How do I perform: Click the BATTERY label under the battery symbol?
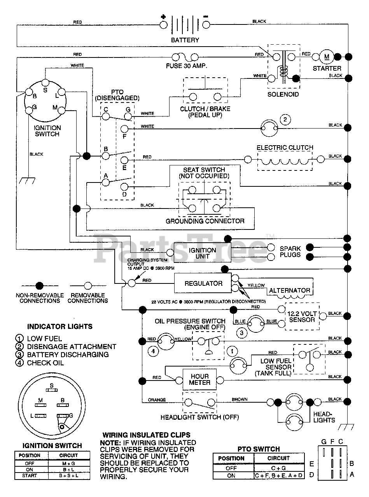coord(185,40)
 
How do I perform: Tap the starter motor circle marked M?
coord(327,57)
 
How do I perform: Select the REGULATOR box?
coord(203,283)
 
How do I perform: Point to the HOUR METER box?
coord(199,379)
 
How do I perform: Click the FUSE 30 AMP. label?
coord(187,66)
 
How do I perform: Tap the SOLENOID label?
coord(283,94)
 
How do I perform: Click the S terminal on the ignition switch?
coord(45,83)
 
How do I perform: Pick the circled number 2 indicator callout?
coord(285,120)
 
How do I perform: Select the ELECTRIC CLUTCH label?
coord(285,148)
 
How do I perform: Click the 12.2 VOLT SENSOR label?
coord(302,316)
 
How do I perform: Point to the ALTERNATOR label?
coord(290,290)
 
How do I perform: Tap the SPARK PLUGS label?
coord(290,252)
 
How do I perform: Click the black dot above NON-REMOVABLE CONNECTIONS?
coord(40,286)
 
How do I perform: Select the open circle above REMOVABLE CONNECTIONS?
coord(88,286)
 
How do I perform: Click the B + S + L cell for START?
coord(69,476)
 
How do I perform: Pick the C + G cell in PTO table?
coord(278,468)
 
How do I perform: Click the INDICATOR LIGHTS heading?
coord(60,327)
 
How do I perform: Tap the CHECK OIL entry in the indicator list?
coord(45,363)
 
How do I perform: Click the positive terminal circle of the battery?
coord(163,25)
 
